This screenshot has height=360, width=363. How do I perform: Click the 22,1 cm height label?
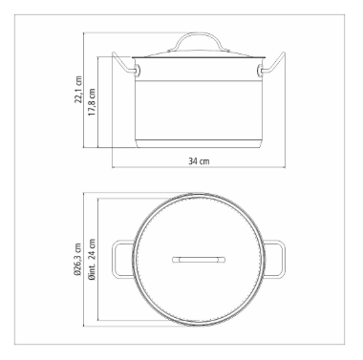(78, 90)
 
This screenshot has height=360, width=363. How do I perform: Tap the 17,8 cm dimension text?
(92, 102)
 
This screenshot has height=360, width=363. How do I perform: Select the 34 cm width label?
(199, 161)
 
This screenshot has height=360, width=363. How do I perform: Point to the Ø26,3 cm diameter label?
(77, 259)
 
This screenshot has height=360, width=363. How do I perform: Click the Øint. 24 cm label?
(92, 260)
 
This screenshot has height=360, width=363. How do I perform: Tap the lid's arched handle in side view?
(199, 33)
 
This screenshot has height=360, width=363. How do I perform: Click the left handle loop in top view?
(115, 260)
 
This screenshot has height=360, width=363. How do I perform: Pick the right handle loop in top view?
(283, 260)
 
